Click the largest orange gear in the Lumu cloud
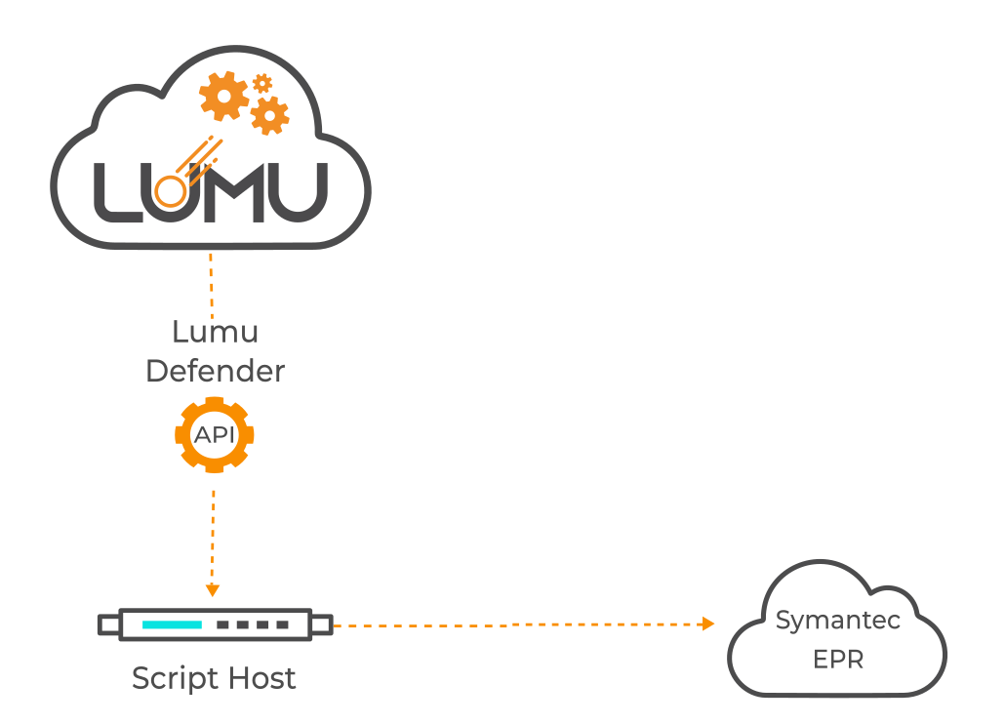(x=224, y=96)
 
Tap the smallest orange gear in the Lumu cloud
(x=261, y=84)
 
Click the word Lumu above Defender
(x=215, y=332)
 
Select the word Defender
(x=215, y=371)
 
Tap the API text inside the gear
(x=215, y=435)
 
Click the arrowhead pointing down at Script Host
(x=213, y=589)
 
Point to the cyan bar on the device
(x=172, y=623)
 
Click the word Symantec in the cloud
(x=837, y=621)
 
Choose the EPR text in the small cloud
(x=838, y=660)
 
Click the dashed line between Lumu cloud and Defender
(x=212, y=283)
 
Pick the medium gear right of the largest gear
(x=269, y=115)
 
